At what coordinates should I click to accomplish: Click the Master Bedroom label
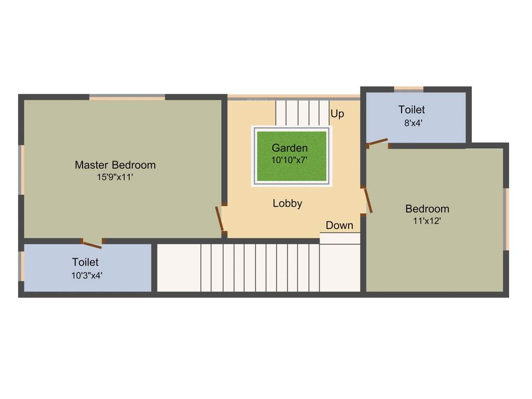click(x=115, y=165)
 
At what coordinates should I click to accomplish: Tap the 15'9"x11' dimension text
click(x=115, y=177)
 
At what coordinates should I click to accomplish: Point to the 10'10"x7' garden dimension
click(x=290, y=160)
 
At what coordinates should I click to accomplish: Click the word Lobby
click(x=287, y=204)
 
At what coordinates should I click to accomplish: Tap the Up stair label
click(x=337, y=114)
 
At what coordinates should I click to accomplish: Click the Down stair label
click(x=339, y=225)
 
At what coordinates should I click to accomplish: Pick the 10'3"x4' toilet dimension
click(x=87, y=276)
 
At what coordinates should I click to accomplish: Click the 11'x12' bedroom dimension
click(x=427, y=221)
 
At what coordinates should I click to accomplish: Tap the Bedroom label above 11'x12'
click(x=427, y=209)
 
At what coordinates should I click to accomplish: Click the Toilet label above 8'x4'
click(x=411, y=110)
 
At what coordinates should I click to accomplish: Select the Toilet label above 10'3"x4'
click(x=85, y=262)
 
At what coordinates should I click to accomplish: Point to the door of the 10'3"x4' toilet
click(x=92, y=243)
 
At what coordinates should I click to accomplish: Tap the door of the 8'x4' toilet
click(x=377, y=142)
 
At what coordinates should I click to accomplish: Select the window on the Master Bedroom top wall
click(x=127, y=97)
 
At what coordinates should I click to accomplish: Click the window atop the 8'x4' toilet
click(x=408, y=89)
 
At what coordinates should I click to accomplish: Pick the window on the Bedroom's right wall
click(x=507, y=219)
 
